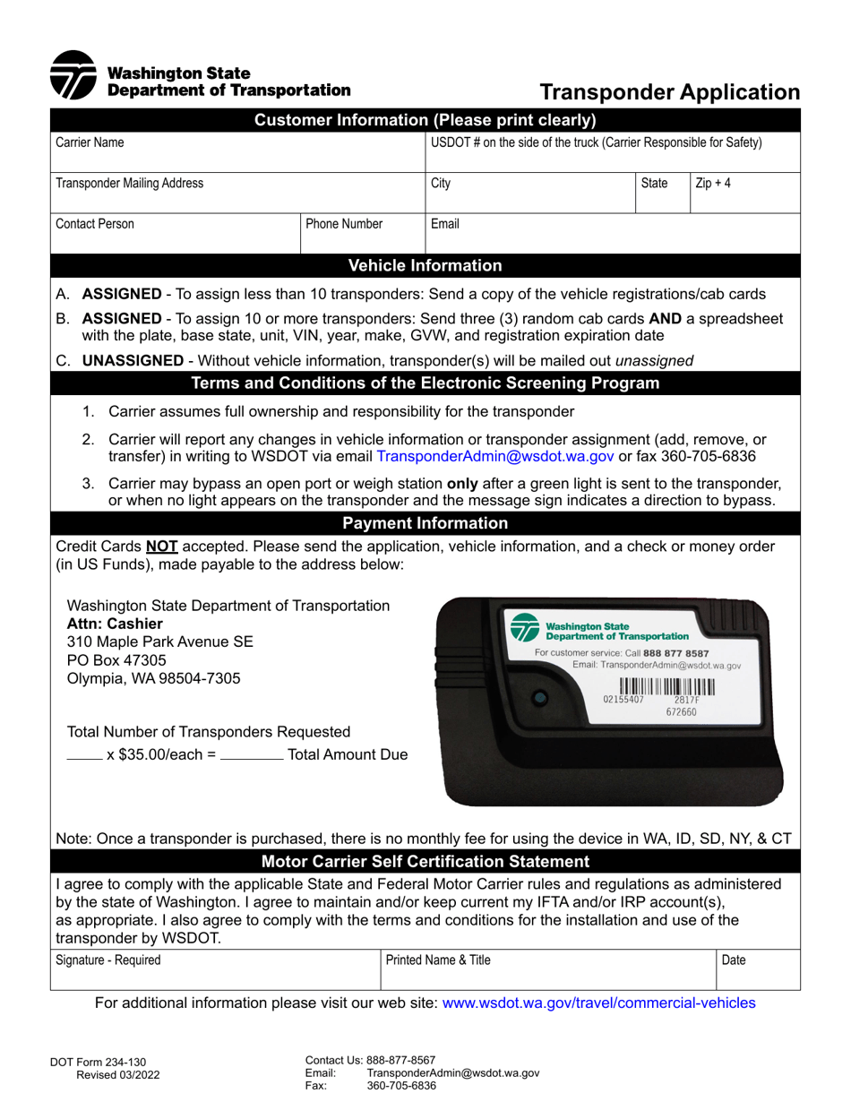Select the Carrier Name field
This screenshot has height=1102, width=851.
tap(237, 151)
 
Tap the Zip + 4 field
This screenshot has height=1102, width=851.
tap(744, 193)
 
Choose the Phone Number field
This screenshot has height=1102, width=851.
tap(361, 233)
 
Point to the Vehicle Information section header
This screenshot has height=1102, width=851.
tap(425, 265)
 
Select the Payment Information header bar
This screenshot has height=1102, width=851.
tap(425, 523)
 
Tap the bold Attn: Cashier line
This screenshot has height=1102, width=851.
tap(116, 624)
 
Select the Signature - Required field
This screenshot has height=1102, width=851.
tap(215, 969)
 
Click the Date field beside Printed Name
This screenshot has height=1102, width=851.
tap(758, 969)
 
